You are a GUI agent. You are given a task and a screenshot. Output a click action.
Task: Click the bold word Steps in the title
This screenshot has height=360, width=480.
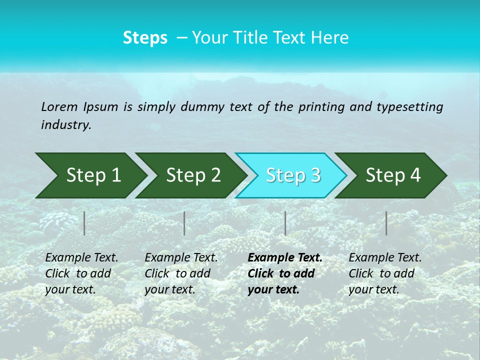pyautogui.click(x=145, y=38)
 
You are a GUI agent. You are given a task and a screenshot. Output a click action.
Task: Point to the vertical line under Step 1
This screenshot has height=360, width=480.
pyautogui.click(x=84, y=223)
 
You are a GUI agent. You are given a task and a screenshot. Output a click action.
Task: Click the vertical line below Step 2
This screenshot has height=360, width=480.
pyautogui.click(x=184, y=223)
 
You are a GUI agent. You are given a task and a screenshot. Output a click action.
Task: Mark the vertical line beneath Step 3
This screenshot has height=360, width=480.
pyautogui.click(x=285, y=223)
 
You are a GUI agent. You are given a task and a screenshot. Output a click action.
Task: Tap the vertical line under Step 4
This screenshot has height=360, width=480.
pyautogui.click(x=386, y=223)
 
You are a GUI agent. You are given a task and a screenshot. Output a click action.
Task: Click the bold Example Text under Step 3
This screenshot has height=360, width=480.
pyautogui.click(x=285, y=258)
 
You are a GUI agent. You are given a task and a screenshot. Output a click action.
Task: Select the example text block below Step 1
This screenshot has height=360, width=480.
pyautogui.click(x=81, y=273)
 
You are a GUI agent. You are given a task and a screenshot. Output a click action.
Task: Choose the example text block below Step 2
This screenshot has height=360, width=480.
pyautogui.click(x=181, y=273)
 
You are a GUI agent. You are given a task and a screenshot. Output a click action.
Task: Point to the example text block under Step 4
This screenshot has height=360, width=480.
pyautogui.click(x=385, y=273)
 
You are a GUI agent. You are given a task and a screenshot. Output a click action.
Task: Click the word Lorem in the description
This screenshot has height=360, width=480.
pyautogui.click(x=59, y=107)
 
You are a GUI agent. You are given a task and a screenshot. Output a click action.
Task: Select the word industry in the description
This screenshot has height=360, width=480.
pyautogui.click(x=65, y=125)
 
